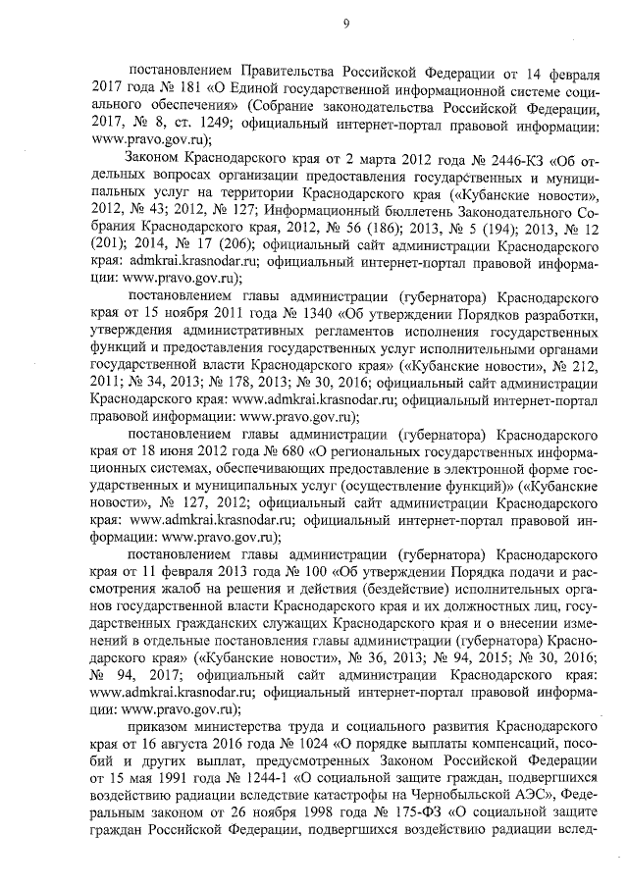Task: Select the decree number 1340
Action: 297,316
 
